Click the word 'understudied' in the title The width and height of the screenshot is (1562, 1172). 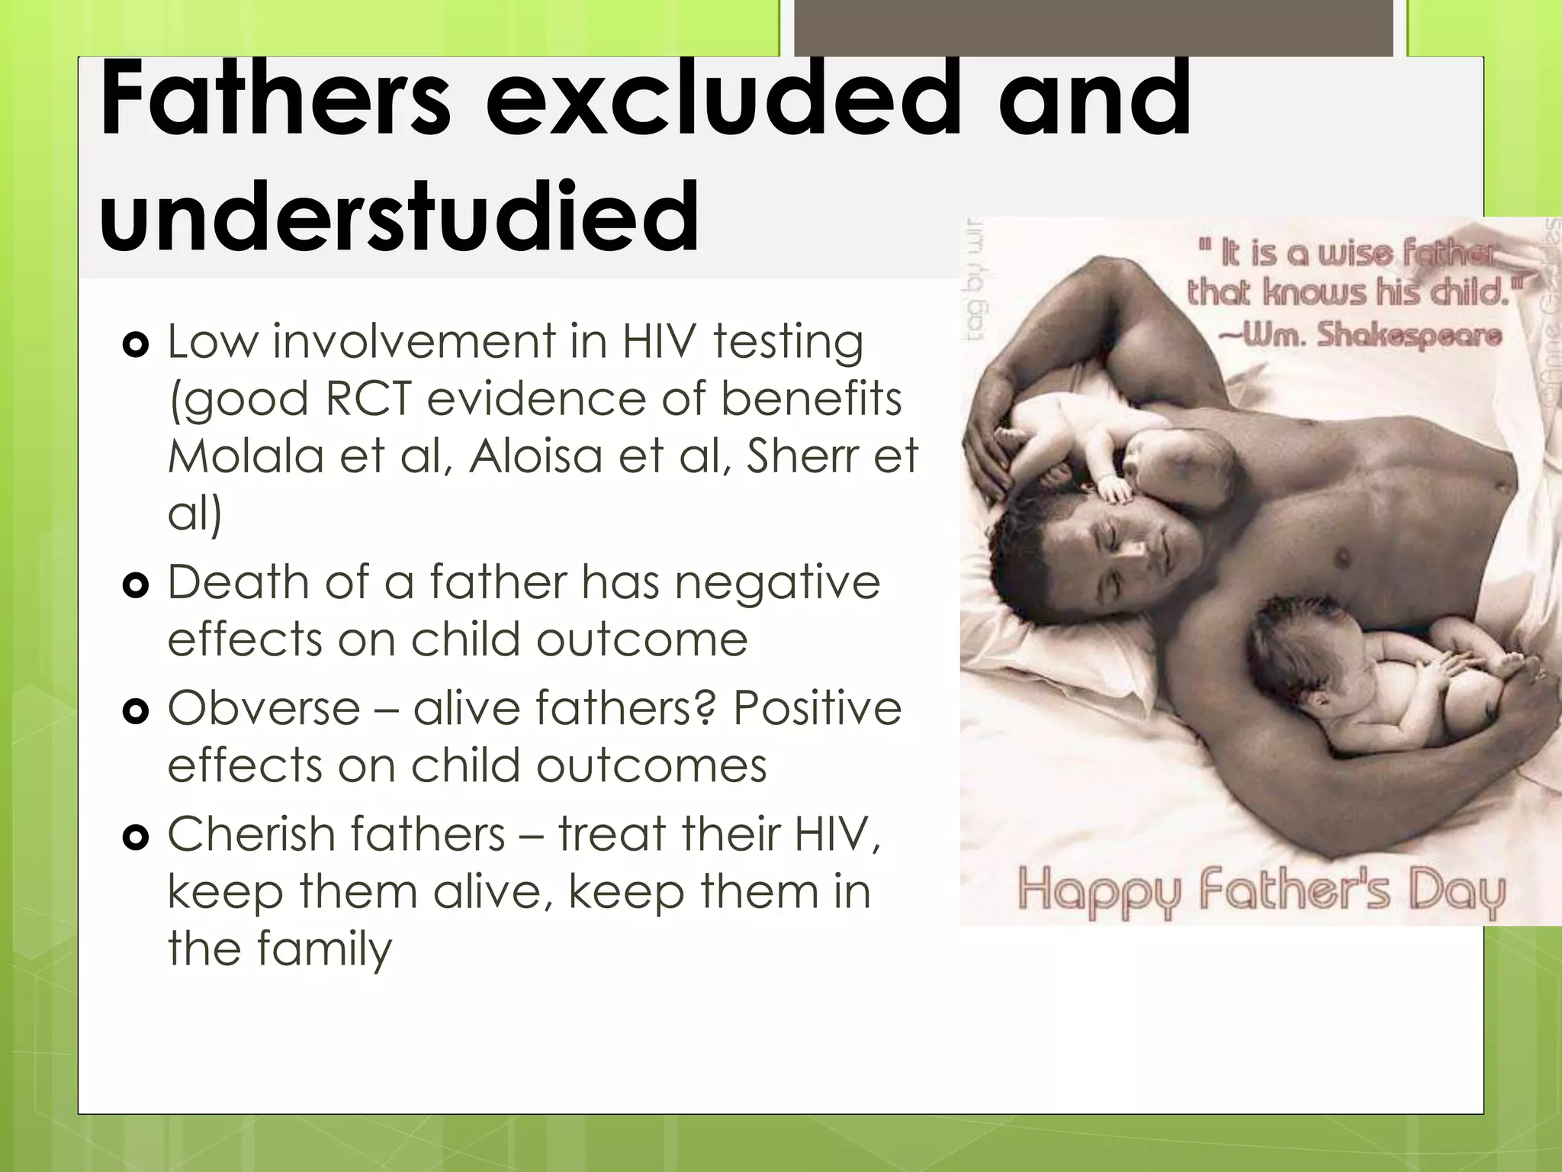(399, 217)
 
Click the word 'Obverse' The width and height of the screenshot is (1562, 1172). (264, 707)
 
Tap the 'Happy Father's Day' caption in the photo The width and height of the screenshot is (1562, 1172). (1261, 891)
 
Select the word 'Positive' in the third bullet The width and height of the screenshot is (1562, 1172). (817, 707)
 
